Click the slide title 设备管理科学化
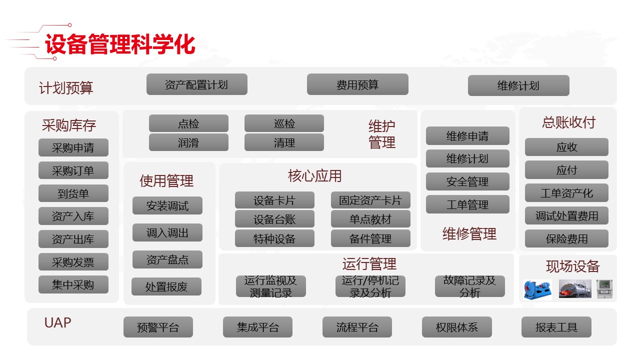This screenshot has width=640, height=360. [119, 44]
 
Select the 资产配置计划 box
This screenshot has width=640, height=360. [196, 84]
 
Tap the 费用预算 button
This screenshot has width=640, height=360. [357, 84]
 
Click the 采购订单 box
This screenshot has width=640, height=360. [73, 170]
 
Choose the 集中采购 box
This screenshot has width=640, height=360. [73, 285]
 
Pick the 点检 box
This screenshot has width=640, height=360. [188, 123]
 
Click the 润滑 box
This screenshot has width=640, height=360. [188, 142]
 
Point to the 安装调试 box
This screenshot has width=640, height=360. [167, 205]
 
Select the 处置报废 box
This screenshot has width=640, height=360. [166, 286]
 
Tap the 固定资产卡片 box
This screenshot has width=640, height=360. [370, 200]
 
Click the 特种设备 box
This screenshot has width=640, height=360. [274, 238]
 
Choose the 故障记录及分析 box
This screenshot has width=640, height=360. [469, 286]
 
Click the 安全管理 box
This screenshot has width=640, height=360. [467, 181]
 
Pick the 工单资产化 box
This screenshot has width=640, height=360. [566, 193]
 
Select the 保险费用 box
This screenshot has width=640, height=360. [566, 239]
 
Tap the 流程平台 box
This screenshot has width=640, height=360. [357, 327]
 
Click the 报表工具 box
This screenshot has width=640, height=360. [556, 327]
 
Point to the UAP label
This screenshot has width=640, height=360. [58, 322]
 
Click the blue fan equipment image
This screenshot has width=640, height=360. [537, 289]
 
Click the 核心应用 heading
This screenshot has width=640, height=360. [315, 176]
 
